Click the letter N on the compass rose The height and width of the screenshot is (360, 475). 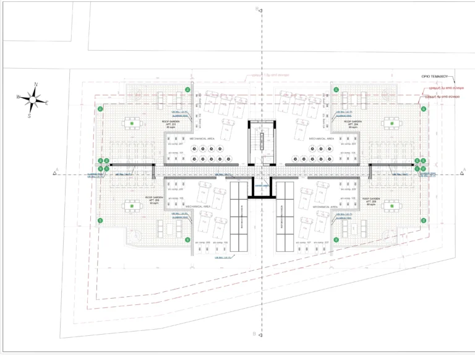tap(36, 84)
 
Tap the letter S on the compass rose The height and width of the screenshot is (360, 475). tap(29, 115)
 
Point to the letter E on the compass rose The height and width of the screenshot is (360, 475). tap(47, 103)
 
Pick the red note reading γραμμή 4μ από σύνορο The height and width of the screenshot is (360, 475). tap(447, 97)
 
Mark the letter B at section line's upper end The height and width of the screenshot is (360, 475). tap(257, 8)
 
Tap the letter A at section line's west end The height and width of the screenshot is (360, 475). tap(58, 169)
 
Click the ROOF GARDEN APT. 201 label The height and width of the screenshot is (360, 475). tap(169, 124)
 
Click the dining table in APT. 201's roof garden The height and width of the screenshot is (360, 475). tap(132, 124)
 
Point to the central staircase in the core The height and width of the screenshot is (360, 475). tap(262, 142)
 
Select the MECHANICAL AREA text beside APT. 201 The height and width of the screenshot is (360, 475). tap(202, 139)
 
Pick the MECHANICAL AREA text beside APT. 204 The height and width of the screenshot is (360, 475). tap(321, 139)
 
